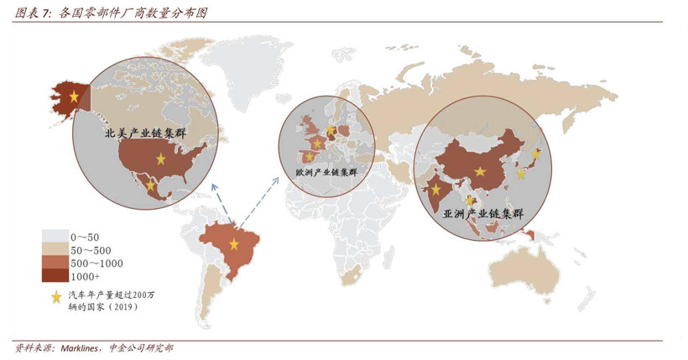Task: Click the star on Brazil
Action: pyautogui.click(x=234, y=244)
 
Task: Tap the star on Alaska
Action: pyautogui.click(x=75, y=97)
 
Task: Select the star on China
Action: pyautogui.click(x=479, y=172)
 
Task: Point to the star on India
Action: pyautogui.click(x=436, y=190)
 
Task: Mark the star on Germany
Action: pyautogui.click(x=331, y=130)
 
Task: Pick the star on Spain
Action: pyautogui.click(x=309, y=156)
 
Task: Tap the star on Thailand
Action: pyautogui.click(x=471, y=200)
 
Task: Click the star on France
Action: pyautogui.click(x=317, y=143)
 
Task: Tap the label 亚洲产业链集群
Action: pyautogui.click(x=483, y=215)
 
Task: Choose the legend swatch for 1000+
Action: pyautogui.click(x=57, y=275)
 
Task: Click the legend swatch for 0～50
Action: pyautogui.click(x=57, y=237)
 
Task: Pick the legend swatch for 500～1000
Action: pyautogui.click(x=57, y=263)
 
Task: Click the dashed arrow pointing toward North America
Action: pyautogui.click(x=221, y=202)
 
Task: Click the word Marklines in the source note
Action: pyautogui.click(x=81, y=347)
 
